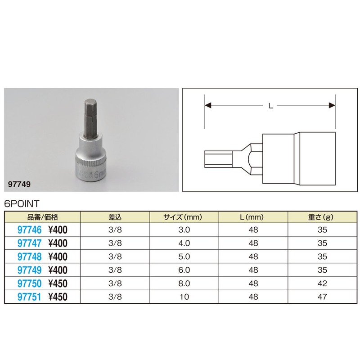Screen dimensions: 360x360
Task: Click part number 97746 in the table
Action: (30, 230)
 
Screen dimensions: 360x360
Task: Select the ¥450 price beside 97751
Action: (58, 297)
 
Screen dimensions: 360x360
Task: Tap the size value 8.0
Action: (184, 283)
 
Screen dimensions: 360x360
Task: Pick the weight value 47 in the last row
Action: (322, 297)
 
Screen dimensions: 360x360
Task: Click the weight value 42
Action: (322, 283)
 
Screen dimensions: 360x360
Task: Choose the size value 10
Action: (184, 297)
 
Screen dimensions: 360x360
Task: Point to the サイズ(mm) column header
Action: (183, 217)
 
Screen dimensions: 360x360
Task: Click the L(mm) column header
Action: (252, 217)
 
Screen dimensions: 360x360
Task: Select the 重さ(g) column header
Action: (321, 217)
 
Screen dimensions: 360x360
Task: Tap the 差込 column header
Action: (115, 217)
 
